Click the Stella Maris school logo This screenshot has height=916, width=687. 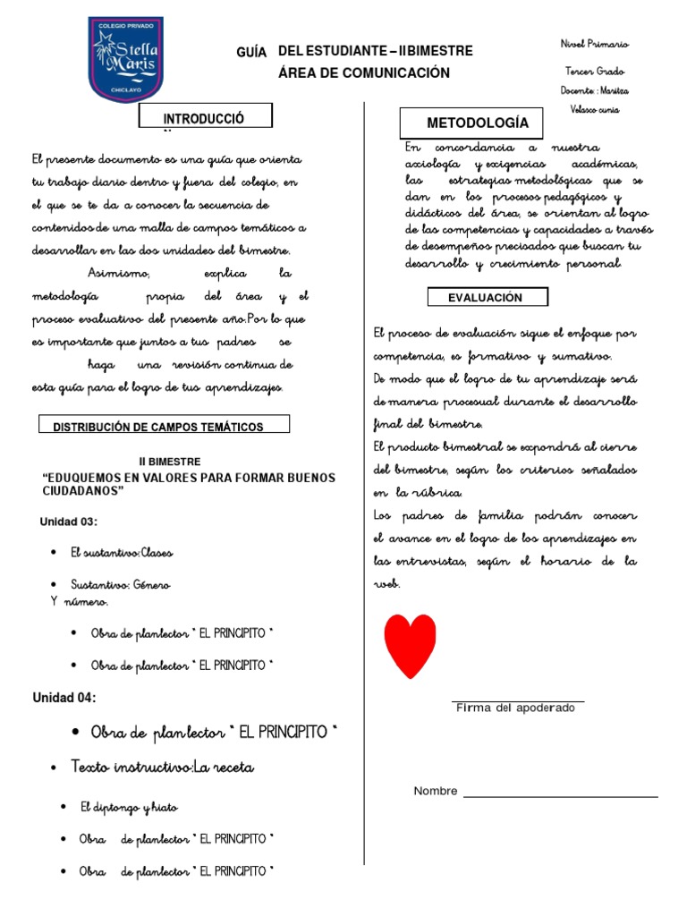coord(125,58)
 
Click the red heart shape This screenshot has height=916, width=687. coord(410,644)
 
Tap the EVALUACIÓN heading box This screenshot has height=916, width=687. coord(487,297)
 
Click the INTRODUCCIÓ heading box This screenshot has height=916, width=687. coord(205,117)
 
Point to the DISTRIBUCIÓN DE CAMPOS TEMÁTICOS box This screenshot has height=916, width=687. coord(164,426)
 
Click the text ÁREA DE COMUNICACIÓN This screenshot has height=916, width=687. coord(364,73)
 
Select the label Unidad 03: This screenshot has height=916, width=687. coord(69,522)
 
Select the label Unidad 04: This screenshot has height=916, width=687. coord(64,698)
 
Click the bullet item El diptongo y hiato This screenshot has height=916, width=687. coord(129,807)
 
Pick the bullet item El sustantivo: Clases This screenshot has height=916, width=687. coord(122,553)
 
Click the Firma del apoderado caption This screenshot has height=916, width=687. coord(516,708)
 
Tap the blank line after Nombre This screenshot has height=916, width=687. coord(560,794)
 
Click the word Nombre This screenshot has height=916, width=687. coord(436,791)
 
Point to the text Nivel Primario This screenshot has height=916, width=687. coord(594,44)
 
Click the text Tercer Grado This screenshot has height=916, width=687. coord(595,71)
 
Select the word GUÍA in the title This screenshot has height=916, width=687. coord(252,55)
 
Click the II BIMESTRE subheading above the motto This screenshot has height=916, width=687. coord(170,462)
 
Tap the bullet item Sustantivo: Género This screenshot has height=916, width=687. coord(121,584)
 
